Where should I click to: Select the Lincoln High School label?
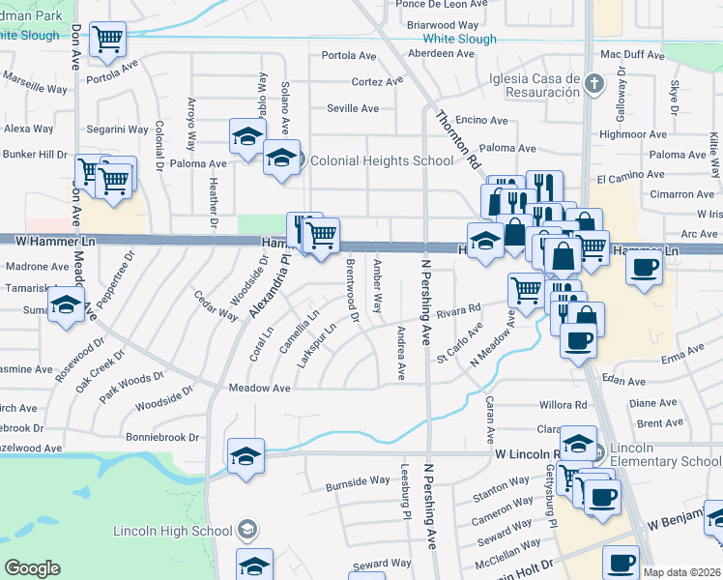click(173, 531)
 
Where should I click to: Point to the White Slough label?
click(460, 40)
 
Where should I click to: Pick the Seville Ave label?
click(353, 108)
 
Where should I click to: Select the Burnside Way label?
click(357, 481)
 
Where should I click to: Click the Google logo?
click(32, 568)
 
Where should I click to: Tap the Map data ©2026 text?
click(681, 572)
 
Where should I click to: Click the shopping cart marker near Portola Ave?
click(108, 41)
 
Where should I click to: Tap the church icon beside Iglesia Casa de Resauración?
click(594, 84)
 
